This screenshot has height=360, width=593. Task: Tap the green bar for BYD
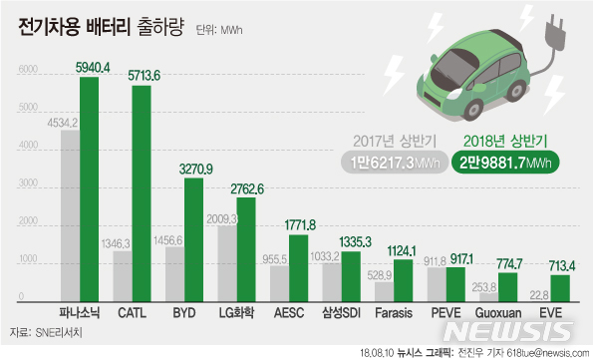192,238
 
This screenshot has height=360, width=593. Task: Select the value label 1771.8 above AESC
299,223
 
